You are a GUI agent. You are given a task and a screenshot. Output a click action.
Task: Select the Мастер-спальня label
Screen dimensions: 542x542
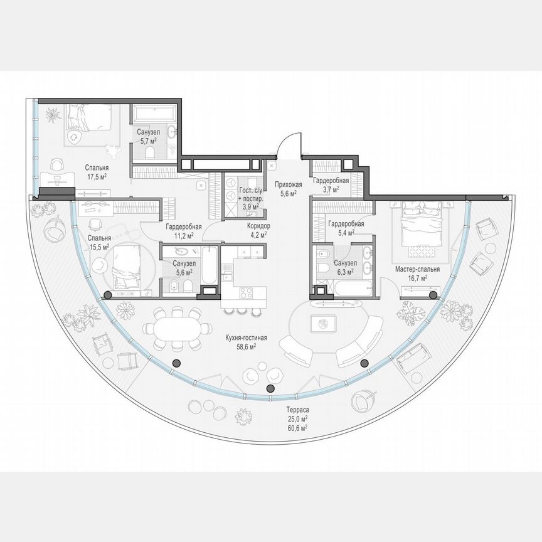click(x=417, y=269)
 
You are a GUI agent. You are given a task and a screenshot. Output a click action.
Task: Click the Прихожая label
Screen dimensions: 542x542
click(x=289, y=184)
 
